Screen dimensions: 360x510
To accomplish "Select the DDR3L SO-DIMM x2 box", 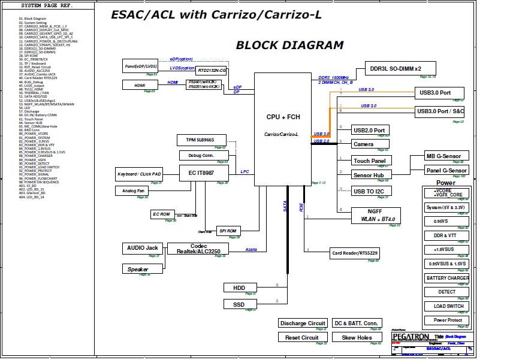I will pos(395,68).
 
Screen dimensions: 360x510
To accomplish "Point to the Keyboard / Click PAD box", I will pos(139,174).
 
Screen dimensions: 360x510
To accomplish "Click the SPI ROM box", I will pos(228,231).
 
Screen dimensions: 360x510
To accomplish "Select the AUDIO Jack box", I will pos(143,248).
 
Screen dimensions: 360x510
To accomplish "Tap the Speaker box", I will pos(138,269).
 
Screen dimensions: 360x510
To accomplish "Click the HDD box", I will pos(239,288).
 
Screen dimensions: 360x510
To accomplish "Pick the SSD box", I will pos(239,304).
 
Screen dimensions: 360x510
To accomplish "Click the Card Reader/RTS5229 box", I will pos(355,253).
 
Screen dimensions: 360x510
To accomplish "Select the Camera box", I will pos(363,144).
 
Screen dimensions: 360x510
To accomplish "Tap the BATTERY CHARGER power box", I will pos(447,279).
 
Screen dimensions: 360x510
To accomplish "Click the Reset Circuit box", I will pos(302,338).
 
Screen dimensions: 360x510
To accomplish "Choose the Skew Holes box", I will pos(357,338).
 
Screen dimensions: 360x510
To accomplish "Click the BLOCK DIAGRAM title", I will pos(289,45).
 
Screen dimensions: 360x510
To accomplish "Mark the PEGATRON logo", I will pos(409,337).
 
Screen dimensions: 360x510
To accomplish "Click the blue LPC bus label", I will pos(245,172).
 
